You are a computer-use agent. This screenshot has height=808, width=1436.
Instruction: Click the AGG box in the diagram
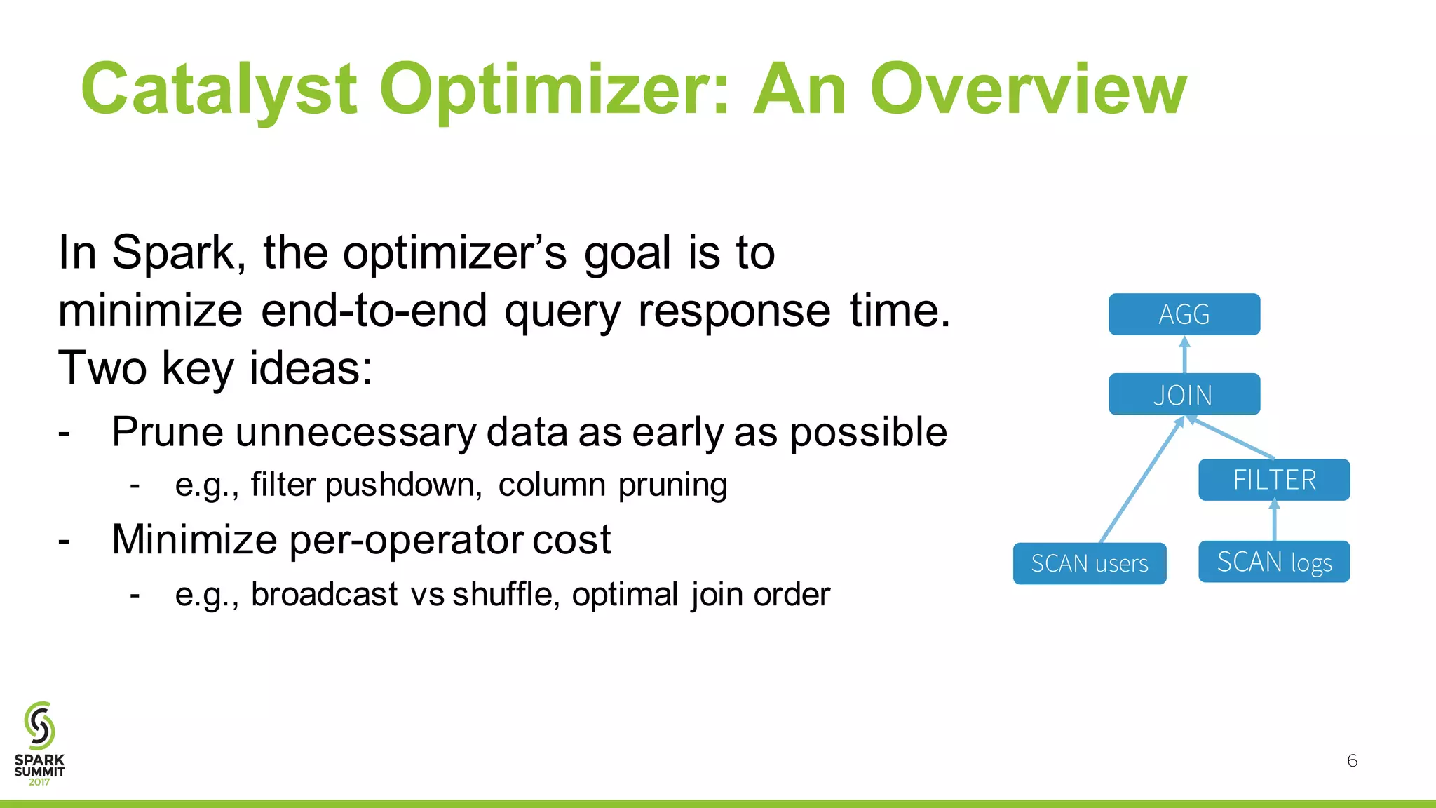pos(1184,314)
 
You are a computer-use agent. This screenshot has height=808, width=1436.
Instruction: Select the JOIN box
pos(1184,394)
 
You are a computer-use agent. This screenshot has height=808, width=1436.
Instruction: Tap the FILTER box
pos(1273,480)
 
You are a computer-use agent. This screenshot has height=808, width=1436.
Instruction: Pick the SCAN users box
pos(1089,563)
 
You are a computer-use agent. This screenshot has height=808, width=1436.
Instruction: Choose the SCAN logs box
pos(1273,562)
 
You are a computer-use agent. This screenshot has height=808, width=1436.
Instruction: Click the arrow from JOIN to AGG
pos(1184,355)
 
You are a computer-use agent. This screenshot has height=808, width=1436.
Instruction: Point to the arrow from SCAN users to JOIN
pos(1142,479)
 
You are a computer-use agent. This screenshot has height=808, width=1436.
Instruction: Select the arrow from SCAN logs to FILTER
pos(1274,520)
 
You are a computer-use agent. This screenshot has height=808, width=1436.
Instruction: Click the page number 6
pos(1352,761)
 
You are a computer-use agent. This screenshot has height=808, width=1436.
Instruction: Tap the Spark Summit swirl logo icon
pos(39,725)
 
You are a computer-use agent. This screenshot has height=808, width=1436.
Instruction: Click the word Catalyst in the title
pos(219,90)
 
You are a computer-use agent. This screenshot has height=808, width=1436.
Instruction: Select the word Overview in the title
pos(1028,90)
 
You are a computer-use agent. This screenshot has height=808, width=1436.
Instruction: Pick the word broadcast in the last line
pos(324,595)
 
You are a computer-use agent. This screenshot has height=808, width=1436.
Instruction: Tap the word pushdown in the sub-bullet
pos(403,485)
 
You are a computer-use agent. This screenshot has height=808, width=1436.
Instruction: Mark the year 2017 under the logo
pos(39,782)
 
